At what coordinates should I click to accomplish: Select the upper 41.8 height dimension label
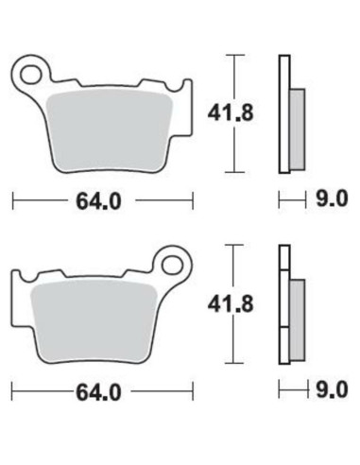(224, 114)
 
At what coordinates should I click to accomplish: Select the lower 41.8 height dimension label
(224, 305)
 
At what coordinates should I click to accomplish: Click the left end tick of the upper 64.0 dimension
(13, 199)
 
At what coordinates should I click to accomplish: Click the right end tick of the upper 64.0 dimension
(193, 199)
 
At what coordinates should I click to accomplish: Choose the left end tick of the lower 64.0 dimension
(13, 390)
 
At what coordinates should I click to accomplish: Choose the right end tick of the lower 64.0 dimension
(193, 390)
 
